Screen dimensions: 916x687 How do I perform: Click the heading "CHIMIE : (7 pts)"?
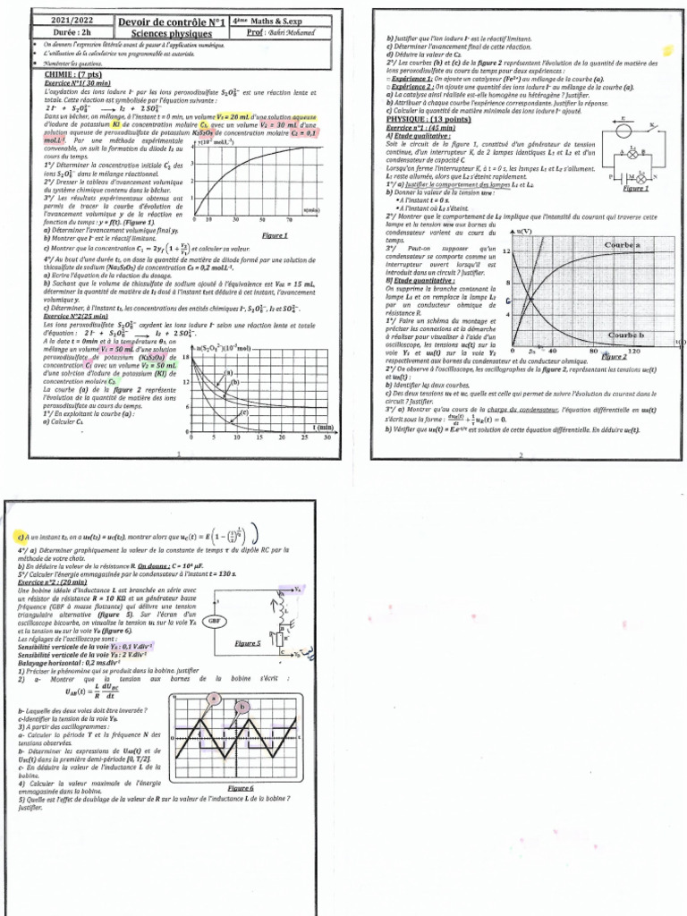[x=74, y=76]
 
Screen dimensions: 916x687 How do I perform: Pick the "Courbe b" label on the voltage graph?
[x=627, y=335]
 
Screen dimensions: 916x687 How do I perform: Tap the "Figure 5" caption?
[x=247, y=643]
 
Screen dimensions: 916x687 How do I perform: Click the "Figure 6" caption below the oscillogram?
[x=241, y=788]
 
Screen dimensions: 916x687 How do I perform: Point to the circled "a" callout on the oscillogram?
[x=215, y=698]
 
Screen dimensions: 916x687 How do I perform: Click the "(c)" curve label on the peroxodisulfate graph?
[x=242, y=412]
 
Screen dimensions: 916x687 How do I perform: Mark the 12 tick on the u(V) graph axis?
[x=506, y=251]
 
